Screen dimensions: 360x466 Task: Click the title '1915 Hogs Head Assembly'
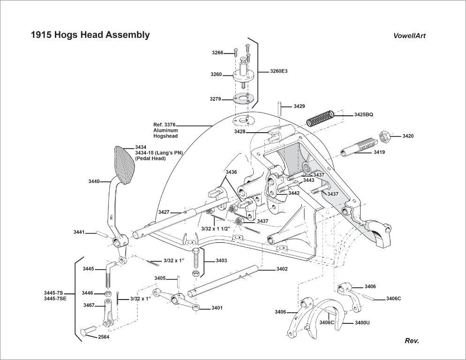[90, 35]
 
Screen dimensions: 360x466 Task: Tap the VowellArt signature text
[409, 36]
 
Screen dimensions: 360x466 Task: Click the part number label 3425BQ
[364, 114]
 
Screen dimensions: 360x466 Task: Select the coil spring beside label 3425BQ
[321, 117]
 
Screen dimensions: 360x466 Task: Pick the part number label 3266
[218, 53]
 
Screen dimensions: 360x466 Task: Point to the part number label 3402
[282, 269]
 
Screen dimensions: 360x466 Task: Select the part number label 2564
[104, 337]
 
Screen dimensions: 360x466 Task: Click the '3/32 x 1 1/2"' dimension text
[215, 229]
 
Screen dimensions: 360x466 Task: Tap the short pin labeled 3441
[102, 233]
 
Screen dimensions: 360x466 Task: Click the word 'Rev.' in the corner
[412, 341]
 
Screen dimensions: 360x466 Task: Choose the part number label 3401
[217, 308]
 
